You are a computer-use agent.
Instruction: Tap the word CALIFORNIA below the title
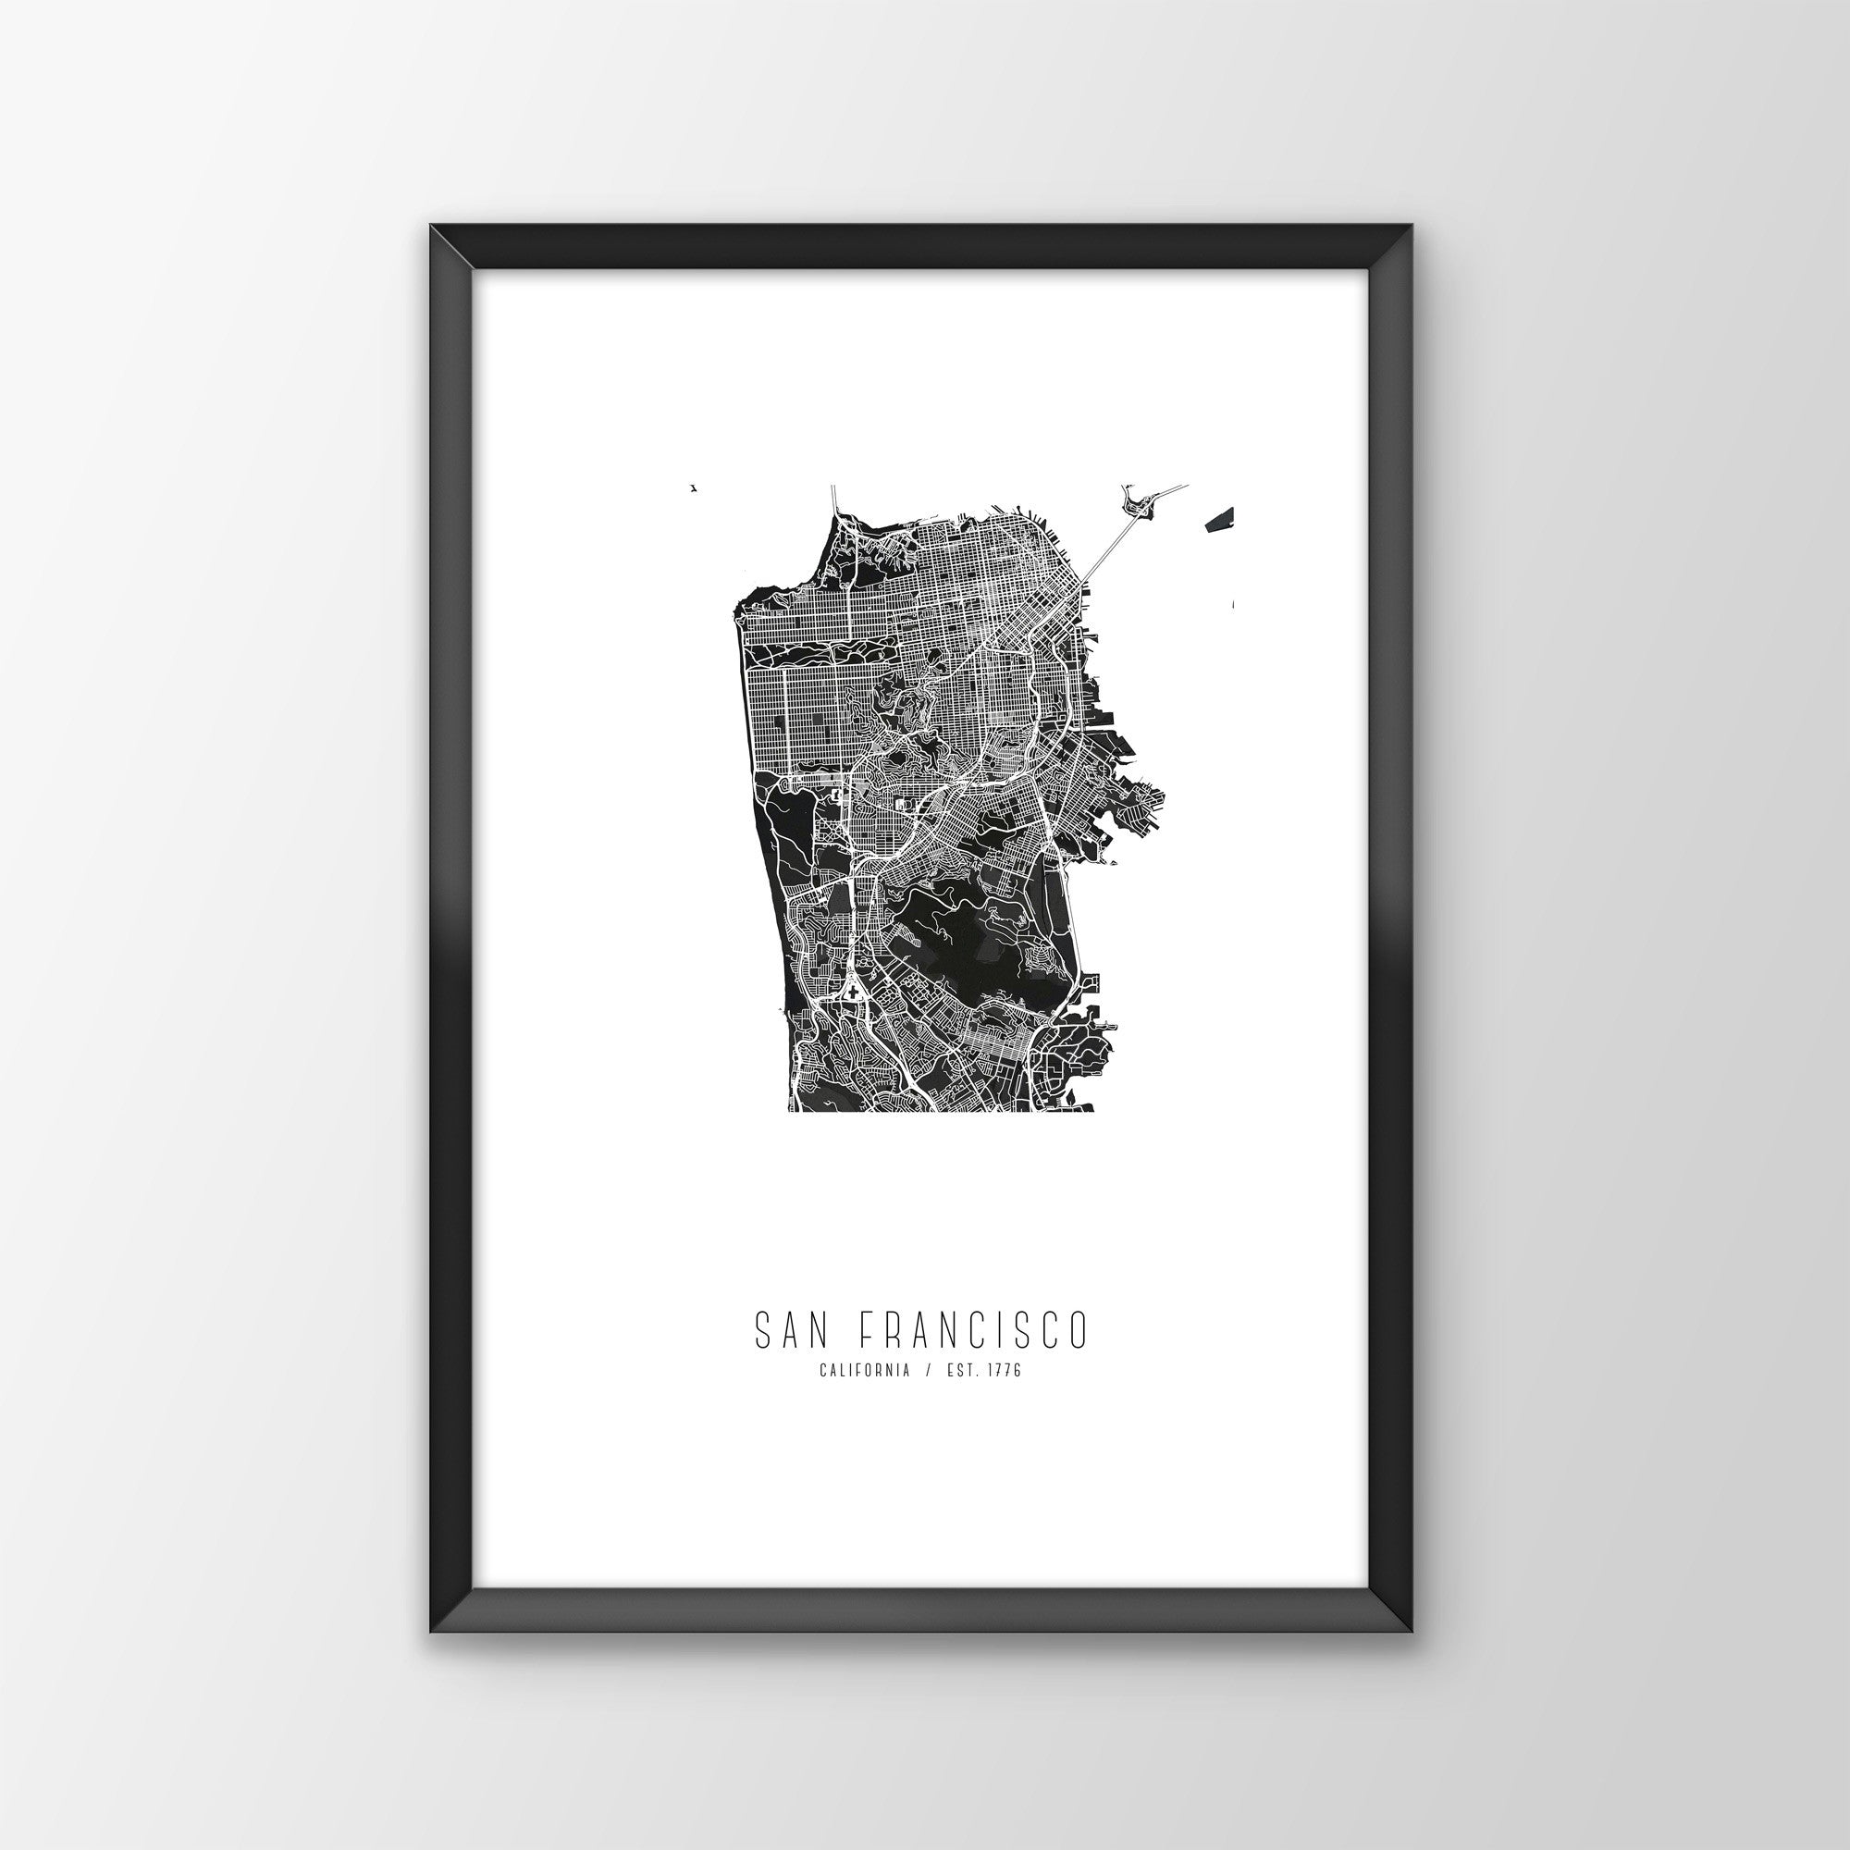(x=864, y=1370)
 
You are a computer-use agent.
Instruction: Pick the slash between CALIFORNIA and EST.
(x=929, y=1370)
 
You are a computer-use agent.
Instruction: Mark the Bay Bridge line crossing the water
(x=1108, y=547)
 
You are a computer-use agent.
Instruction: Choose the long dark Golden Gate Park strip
(x=823, y=655)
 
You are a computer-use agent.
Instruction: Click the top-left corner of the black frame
(x=433, y=254)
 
